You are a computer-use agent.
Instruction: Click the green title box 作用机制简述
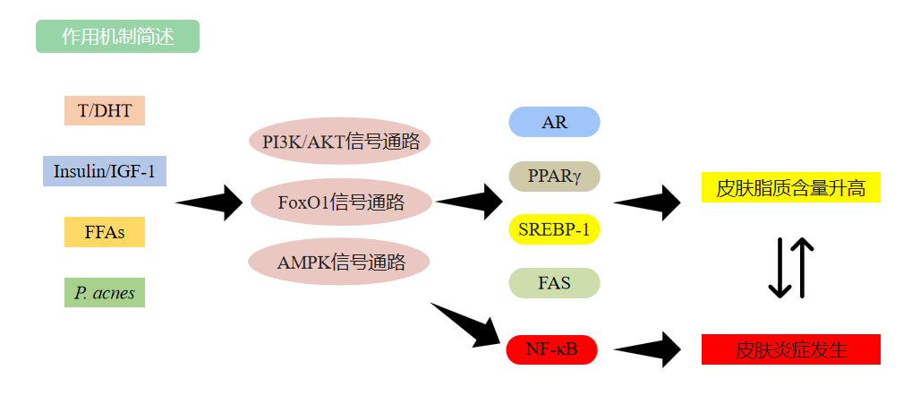(x=117, y=37)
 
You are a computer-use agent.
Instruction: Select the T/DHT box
(x=105, y=111)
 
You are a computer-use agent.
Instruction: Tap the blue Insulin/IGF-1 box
(x=105, y=171)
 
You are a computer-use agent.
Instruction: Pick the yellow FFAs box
(x=105, y=232)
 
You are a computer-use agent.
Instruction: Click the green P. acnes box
(x=105, y=293)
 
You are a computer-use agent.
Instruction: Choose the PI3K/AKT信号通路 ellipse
(x=340, y=142)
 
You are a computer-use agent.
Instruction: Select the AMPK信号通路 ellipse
(x=340, y=263)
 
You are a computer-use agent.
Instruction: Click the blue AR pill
(x=554, y=122)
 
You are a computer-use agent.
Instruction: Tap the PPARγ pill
(x=554, y=176)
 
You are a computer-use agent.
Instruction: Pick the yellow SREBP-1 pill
(x=554, y=229)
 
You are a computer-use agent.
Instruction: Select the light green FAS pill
(x=554, y=283)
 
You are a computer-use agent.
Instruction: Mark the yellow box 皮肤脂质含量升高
(x=790, y=188)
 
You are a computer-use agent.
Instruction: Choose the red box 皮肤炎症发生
(x=790, y=349)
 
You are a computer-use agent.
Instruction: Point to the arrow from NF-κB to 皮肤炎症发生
(x=649, y=349)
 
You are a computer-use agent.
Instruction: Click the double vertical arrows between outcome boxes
(x=791, y=268)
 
